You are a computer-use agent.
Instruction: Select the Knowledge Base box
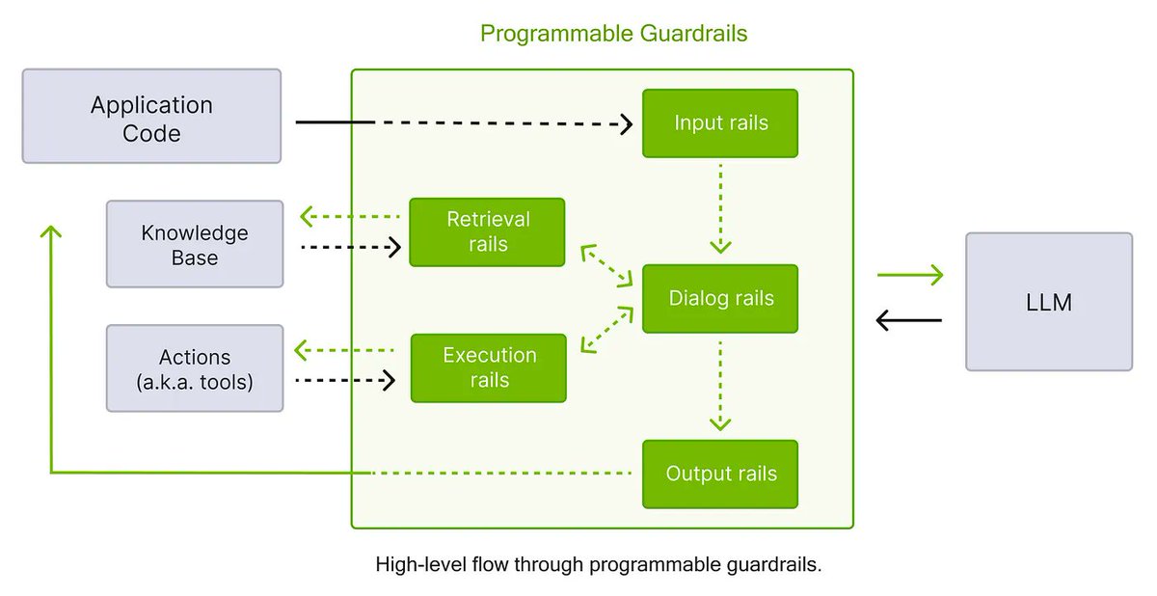click(195, 244)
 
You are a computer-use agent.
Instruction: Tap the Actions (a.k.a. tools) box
click(195, 368)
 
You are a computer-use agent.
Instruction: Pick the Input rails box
click(720, 123)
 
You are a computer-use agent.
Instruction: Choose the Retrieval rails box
click(487, 231)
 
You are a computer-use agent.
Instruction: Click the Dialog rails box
click(720, 298)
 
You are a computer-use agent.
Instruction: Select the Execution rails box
click(489, 367)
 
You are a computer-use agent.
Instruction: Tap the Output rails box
click(720, 474)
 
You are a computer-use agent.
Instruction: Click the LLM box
click(1049, 302)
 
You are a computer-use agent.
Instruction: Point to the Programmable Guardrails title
click(613, 34)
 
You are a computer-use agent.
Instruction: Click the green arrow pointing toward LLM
click(909, 277)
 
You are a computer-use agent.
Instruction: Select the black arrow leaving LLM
click(909, 319)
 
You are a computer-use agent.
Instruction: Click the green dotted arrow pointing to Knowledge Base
click(348, 216)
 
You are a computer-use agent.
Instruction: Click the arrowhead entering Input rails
click(626, 123)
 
